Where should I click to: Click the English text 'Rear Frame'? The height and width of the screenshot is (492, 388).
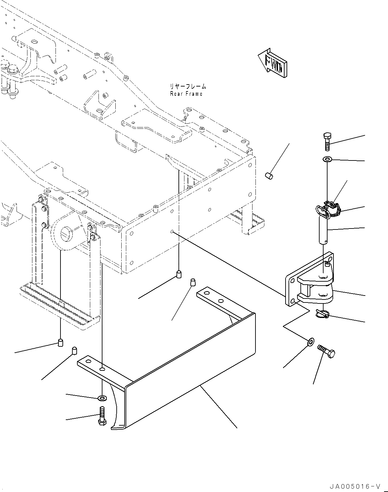(186, 94)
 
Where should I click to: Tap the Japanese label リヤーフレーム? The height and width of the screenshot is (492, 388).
(188, 86)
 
